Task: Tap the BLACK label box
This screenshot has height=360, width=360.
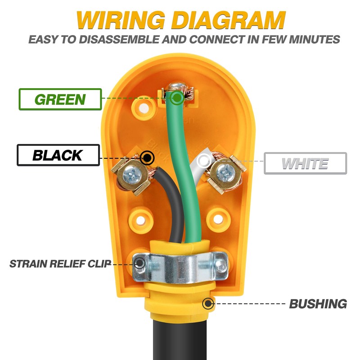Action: coord(57,155)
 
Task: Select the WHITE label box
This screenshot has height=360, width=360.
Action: coord(305,163)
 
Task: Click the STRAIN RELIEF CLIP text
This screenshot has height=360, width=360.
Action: coord(60,263)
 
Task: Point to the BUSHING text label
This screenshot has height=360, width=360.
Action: coord(318,304)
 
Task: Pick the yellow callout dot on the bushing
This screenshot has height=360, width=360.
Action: coord(208,304)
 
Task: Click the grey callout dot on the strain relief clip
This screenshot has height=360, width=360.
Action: coord(140,263)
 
